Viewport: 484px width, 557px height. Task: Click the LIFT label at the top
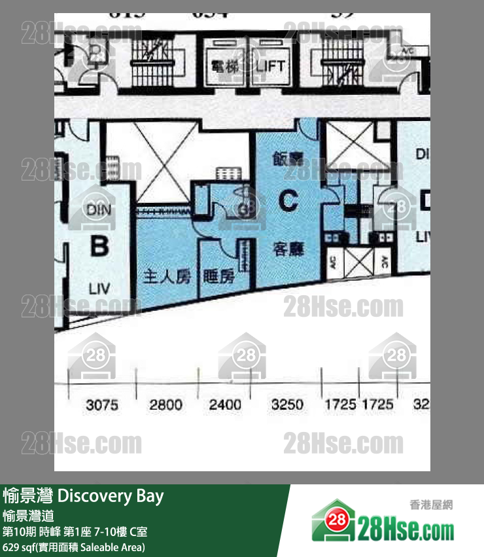(x=270, y=65)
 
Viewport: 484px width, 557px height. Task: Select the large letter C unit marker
(x=288, y=201)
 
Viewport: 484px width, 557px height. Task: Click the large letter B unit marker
(x=99, y=247)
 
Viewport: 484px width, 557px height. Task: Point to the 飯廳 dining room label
(x=287, y=159)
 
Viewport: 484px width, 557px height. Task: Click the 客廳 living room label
(x=288, y=249)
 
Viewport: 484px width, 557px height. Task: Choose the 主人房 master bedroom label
(x=167, y=277)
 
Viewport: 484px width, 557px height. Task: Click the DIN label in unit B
(x=98, y=210)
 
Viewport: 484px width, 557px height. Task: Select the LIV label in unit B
(x=99, y=288)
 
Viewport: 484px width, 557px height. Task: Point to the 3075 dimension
(x=102, y=405)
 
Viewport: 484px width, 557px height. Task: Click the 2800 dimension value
(x=165, y=405)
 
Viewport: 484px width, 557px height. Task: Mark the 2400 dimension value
(x=225, y=405)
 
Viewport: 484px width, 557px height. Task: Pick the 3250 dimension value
(x=287, y=405)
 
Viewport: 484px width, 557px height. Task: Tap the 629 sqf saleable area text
(x=73, y=547)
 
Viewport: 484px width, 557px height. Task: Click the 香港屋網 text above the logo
(x=431, y=505)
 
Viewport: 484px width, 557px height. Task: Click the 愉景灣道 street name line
(x=27, y=515)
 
